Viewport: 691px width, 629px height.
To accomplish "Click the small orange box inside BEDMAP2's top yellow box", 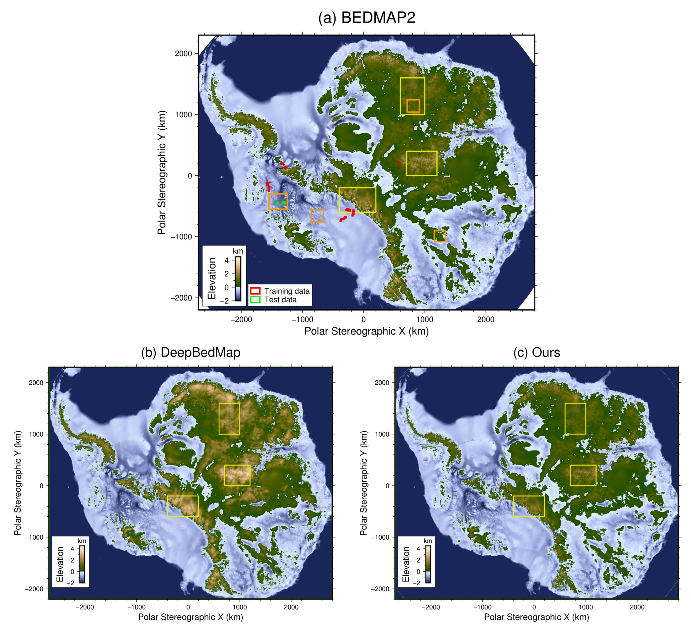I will [413, 106].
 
